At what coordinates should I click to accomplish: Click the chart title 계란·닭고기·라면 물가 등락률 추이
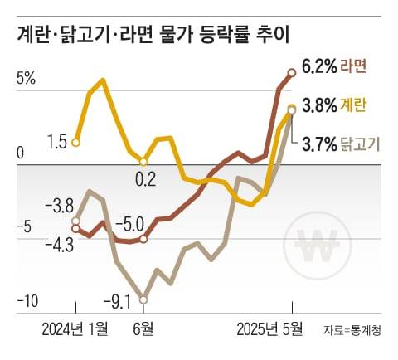[x=158, y=36]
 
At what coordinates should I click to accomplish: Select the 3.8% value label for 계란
[x=320, y=105]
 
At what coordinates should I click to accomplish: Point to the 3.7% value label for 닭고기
[x=319, y=144]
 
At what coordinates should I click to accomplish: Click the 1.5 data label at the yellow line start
[x=56, y=143]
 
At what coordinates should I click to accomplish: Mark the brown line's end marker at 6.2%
[x=291, y=73]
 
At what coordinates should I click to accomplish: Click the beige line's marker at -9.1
[x=143, y=299]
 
